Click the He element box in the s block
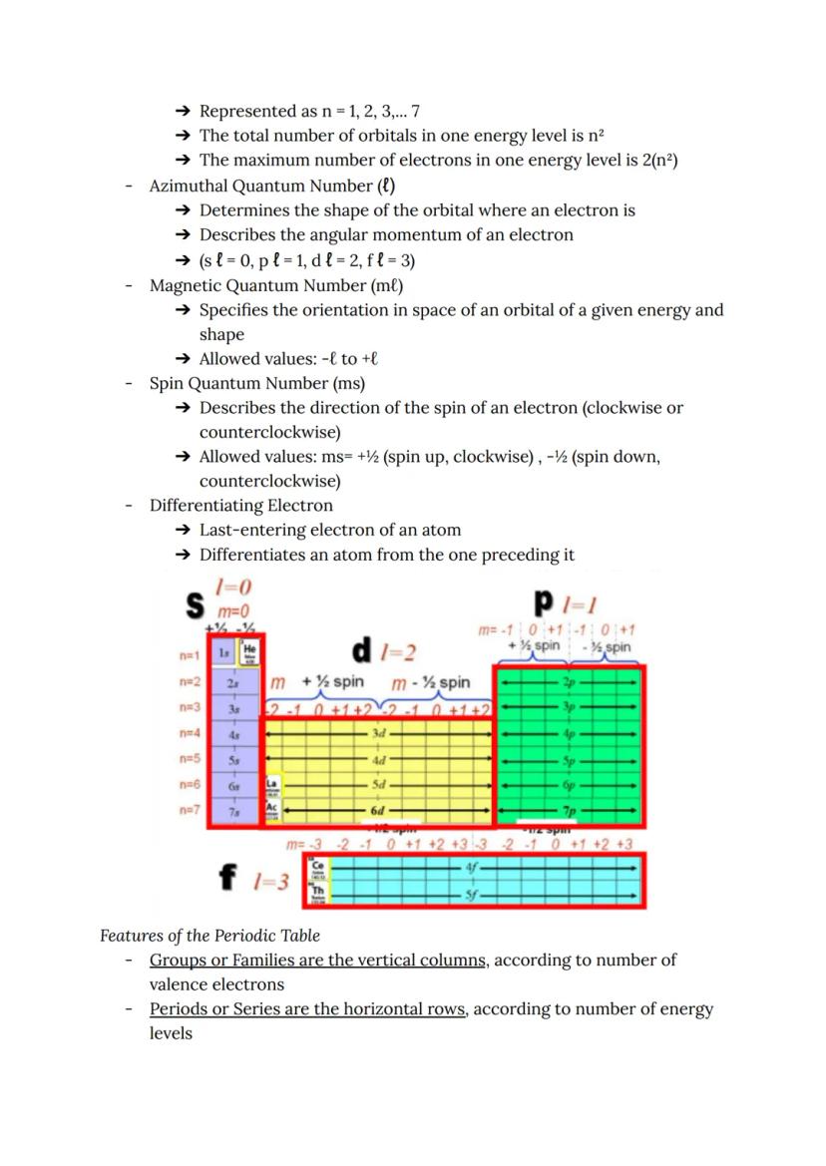(249, 650)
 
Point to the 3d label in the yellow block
(378, 733)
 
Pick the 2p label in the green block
(570, 683)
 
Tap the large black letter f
(229, 879)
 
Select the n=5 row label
(190, 758)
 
